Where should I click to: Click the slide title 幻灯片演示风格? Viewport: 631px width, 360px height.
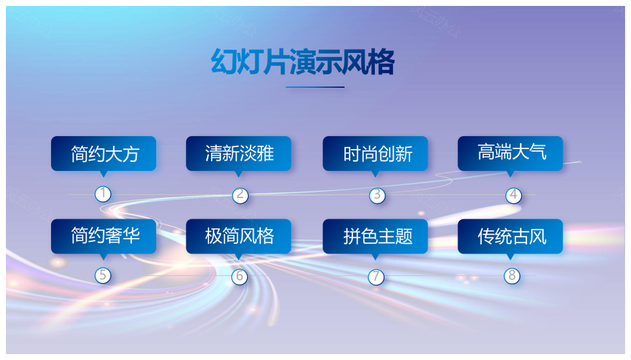[x=302, y=62]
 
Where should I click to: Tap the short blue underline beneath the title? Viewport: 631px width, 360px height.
[x=315, y=87]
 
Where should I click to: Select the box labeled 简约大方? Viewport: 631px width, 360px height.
[x=103, y=154]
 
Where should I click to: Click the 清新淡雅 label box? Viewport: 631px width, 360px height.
[x=239, y=154]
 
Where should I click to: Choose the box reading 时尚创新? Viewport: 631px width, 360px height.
[x=375, y=154]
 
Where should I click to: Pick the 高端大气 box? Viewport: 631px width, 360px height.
[x=510, y=154]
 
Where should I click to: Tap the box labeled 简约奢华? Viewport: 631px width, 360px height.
[x=103, y=236]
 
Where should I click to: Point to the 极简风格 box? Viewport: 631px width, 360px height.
[x=239, y=236]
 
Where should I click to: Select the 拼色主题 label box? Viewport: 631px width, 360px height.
[x=375, y=236]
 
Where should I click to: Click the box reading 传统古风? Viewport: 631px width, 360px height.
[x=510, y=236]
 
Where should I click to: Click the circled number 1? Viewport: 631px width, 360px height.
[x=103, y=194]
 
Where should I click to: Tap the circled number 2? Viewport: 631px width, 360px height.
[x=241, y=195]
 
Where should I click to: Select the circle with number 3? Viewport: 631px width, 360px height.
[x=377, y=195]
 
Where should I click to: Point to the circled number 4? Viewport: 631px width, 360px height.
[x=513, y=195]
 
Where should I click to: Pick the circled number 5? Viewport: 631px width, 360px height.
[x=103, y=275]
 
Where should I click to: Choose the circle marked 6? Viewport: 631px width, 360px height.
[x=239, y=277]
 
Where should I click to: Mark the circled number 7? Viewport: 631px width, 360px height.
[x=376, y=277]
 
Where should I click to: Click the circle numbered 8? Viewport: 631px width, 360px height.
[x=512, y=276]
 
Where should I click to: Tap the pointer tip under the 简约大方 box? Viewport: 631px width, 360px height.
[x=103, y=177]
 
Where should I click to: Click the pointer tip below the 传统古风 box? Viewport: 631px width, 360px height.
[x=510, y=259]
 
